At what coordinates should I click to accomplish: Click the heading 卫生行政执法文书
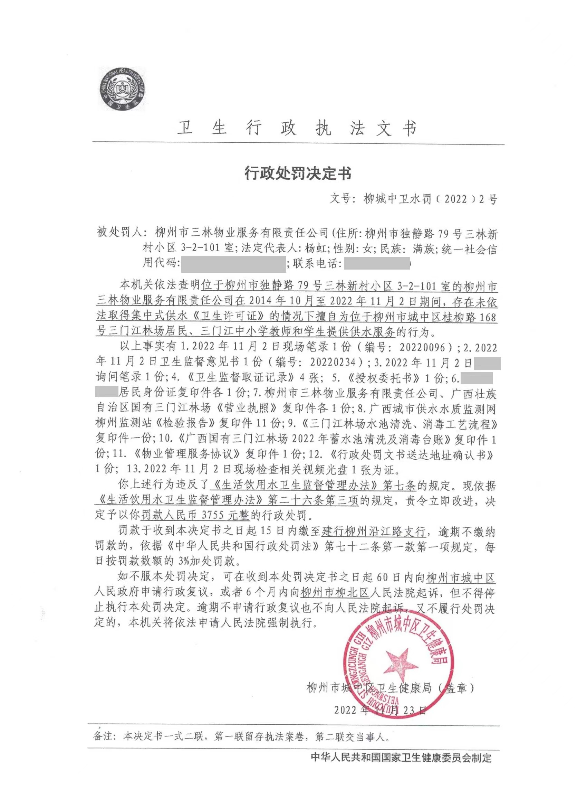coord(297,128)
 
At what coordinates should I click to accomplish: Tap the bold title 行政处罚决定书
coord(298,173)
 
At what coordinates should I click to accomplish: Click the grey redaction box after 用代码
coord(233,264)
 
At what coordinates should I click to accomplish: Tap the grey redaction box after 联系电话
coord(377,264)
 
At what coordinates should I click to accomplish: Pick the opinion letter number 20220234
coord(333,363)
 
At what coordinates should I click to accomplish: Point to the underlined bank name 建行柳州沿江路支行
coord(373,532)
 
